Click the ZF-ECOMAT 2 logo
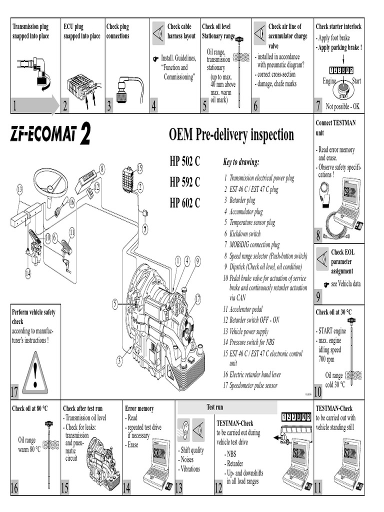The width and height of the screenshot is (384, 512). [x=50, y=135]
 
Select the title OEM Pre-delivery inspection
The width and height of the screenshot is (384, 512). [x=231, y=135]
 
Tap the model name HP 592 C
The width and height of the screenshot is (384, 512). [x=184, y=182]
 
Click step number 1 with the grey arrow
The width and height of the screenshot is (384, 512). [x=35, y=105]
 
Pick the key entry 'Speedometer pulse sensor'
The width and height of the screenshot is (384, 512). [x=252, y=385]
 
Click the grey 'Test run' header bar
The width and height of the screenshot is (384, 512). [x=227, y=407]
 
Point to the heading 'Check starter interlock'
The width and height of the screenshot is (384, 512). [x=338, y=26]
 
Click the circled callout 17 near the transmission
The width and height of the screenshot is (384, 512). [x=198, y=299]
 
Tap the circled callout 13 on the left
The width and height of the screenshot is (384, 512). [x=20, y=189]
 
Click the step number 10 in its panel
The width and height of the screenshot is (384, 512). [x=318, y=392]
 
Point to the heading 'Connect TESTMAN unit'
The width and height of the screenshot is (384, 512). [x=335, y=127]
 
